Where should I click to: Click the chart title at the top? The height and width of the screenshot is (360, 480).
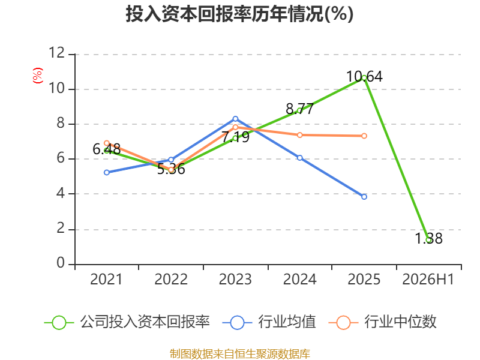pyautogui.click(x=239, y=14)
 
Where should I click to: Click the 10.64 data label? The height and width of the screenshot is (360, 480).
pyautogui.click(x=364, y=77)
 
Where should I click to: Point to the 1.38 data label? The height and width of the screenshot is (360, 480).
pyautogui.click(x=428, y=238)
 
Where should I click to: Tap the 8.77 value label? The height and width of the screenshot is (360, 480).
pyautogui.click(x=299, y=109)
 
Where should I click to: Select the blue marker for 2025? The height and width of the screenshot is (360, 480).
pyautogui.click(x=364, y=197)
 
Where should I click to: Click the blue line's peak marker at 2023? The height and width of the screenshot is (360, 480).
pyautogui.click(x=235, y=119)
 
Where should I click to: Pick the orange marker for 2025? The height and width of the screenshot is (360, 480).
pyautogui.click(x=364, y=136)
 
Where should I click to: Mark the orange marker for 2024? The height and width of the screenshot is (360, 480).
pyautogui.click(x=299, y=135)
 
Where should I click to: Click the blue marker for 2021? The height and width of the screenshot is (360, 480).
pyautogui.click(x=107, y=173)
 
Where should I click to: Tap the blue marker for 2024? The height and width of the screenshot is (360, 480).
pyautogui.click(x=299, y=158)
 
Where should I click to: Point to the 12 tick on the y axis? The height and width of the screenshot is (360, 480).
pyautogui.click(x=56, y=53)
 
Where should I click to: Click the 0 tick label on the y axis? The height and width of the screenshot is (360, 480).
pyautogui.click(x=61, y=263)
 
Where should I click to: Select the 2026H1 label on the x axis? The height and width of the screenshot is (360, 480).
pyautogui.click(x=428, y=280)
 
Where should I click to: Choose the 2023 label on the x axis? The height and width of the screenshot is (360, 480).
pyautogui.click(x=235, y=280)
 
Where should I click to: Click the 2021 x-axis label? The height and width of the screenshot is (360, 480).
pyautogui.click(x=106, y=280)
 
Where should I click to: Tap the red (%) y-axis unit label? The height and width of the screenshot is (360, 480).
pyautogui.click(x=38, y=76)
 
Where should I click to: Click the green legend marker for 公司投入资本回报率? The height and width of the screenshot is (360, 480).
pyautogui.click(x=59, y=323)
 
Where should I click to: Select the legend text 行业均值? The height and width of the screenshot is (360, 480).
pyautogui.click(x=287, y=322)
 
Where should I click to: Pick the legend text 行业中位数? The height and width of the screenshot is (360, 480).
pyautogui.click(x=400, y=322)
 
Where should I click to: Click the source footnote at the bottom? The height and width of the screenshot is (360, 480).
pyautogui.click(x=239, y=354)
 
